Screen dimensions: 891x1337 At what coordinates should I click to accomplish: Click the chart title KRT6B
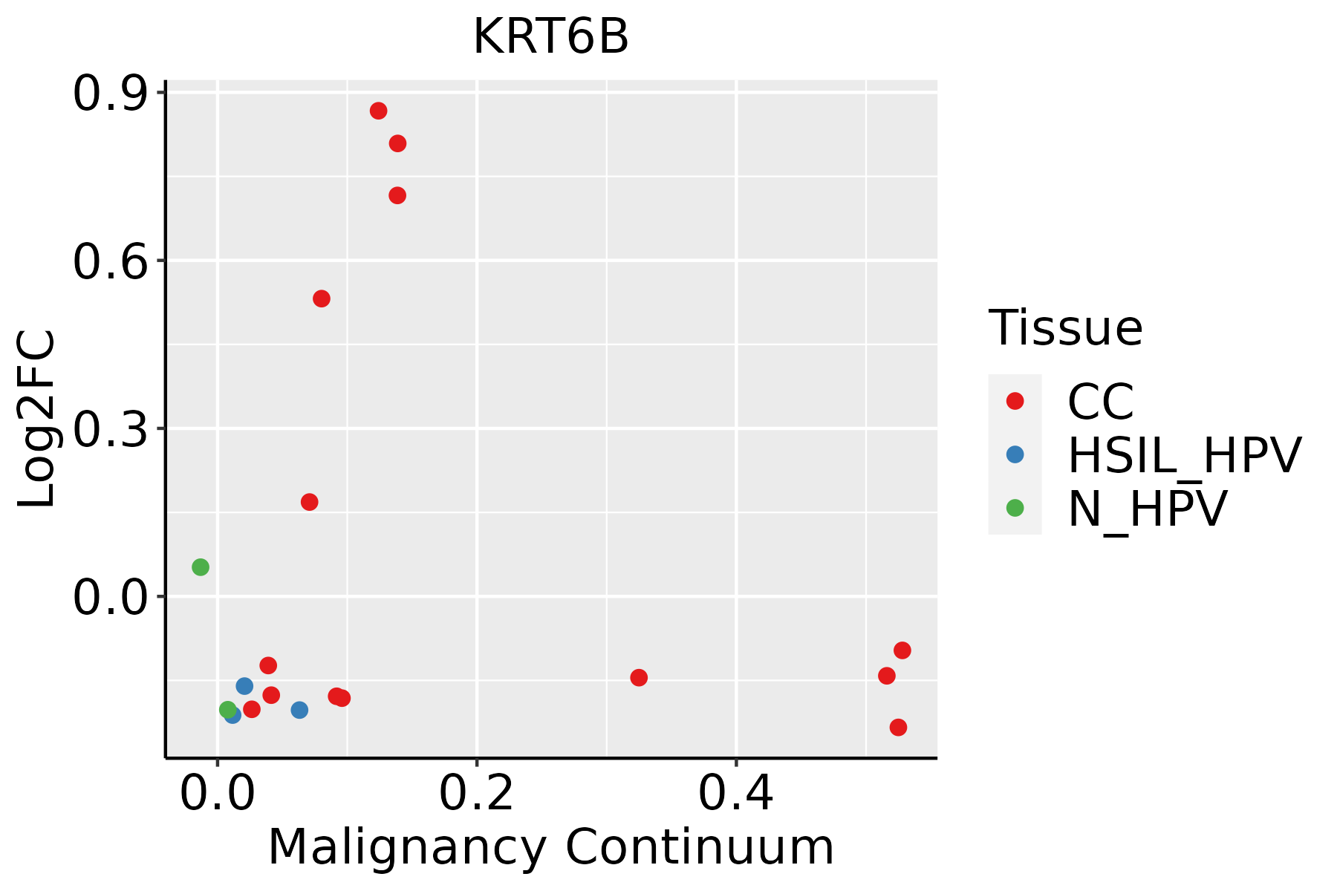pyautogui.click(x=550, y=37)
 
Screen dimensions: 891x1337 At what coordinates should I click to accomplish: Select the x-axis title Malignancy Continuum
pyautogui.click(x=550, y=847)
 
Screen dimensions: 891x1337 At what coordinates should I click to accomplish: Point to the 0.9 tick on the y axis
pyautogui.click(x=109, y=94)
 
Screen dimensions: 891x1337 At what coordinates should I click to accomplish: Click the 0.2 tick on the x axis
pyautogui.click(x=476, y=794)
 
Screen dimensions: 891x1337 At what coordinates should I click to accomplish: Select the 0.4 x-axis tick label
pyautogui.click(x=735, y=794)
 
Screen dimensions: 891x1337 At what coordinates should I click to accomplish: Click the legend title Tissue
pyautogui.click(x=1065, y=327)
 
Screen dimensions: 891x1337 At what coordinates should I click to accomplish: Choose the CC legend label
pyautogui.click(x=1101, y=402)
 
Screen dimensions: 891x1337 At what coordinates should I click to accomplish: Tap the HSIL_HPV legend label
pyautogui.click(x=1184, y=455)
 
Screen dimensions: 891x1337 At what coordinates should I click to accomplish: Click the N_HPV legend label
pyautogui.click(x=1147, y=509)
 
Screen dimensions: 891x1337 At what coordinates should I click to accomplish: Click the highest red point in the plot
pyautogui.click(x=379, y=111)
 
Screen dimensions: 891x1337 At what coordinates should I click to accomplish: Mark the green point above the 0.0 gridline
pyautogui.click(x=201, y=567)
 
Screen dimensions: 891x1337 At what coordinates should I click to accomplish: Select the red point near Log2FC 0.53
pyautogui.click(x=322, y=298)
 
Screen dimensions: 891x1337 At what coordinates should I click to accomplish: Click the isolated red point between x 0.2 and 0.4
pyautogui.click(x=639, y=677)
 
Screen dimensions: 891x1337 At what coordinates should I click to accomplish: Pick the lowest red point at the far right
pyautogui.click(x=899, y=727)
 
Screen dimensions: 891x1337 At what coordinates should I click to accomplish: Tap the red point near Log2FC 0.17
pyautogui.click(x=310, y=502)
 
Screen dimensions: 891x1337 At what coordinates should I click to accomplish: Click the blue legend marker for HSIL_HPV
pyautogui.click(x=1015, y=454)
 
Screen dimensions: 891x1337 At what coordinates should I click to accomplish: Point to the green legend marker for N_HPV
pyautogui.click(x=1015, y=508)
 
